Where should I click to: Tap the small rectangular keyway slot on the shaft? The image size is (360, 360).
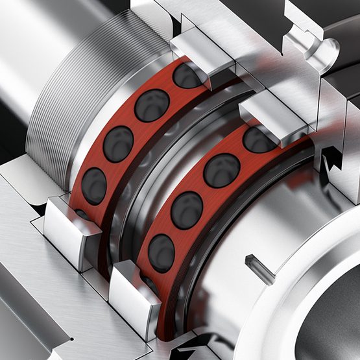click(x=258, y=268)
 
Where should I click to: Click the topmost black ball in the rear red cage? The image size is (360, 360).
click(x=187, y=77)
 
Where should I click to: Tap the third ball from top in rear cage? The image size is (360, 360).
click(x=119, y=142)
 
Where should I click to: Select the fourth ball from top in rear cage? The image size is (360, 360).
click(x=95, y=185)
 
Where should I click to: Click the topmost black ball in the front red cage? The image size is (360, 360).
click(x=259, y=139)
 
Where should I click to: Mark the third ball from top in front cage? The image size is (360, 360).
click(x=187, y=209)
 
